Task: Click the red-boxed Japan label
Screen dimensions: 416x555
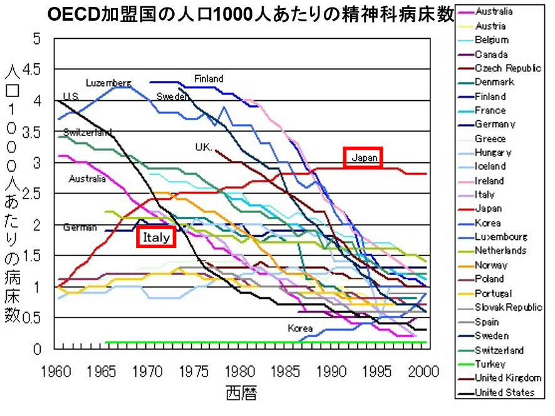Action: point(363,158)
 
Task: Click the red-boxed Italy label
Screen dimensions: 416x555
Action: point(156,237)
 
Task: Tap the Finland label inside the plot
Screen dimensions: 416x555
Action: point(209,79)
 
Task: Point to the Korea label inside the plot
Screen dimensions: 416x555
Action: point(300,328)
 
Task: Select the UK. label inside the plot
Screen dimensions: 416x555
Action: point(204,147)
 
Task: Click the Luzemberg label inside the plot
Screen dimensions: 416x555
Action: point(108,83)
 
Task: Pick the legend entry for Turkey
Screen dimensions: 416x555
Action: point(490,364)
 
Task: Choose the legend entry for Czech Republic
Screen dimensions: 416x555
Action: point(507,68)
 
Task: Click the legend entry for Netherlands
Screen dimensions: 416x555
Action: point(501,251)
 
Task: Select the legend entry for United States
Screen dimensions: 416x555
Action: point(504,393)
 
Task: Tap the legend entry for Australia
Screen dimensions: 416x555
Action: point(494,11)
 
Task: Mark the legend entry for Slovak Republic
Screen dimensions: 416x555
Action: point(508,308)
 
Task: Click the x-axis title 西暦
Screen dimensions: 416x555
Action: point(241,393)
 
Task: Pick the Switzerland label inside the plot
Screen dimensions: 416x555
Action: point(88,132)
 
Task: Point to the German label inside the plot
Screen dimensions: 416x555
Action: point(80,227)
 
